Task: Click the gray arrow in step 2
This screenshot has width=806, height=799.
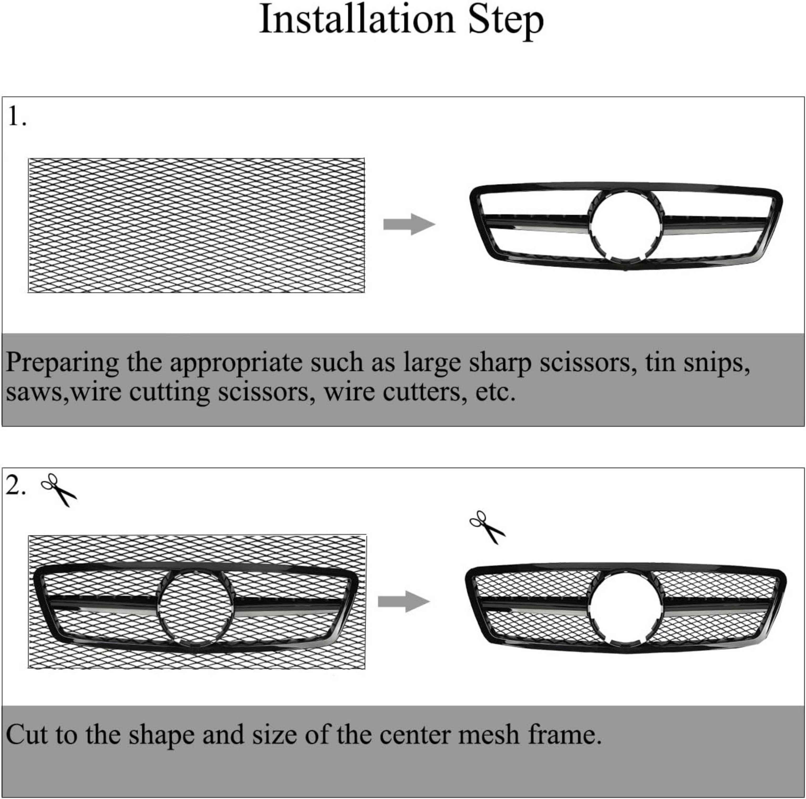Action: pyautogui.click(x=404, y=601)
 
